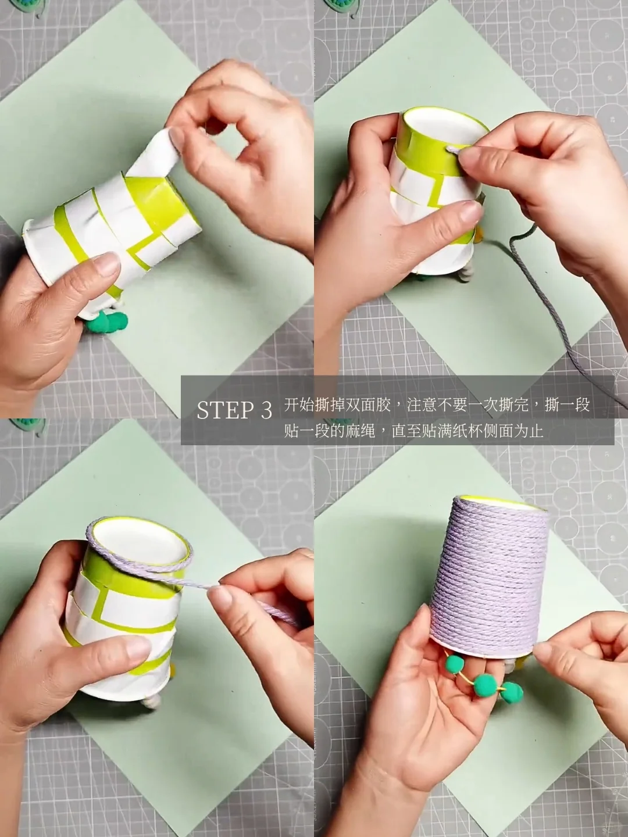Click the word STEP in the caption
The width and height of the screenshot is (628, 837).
coord(226,410)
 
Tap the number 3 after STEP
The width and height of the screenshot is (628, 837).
coord(266,410)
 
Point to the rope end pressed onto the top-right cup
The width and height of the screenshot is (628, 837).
coord(454,150)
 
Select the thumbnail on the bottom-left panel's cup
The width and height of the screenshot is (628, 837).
coord(137,647)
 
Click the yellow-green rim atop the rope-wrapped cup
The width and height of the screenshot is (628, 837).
coord(504,503)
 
